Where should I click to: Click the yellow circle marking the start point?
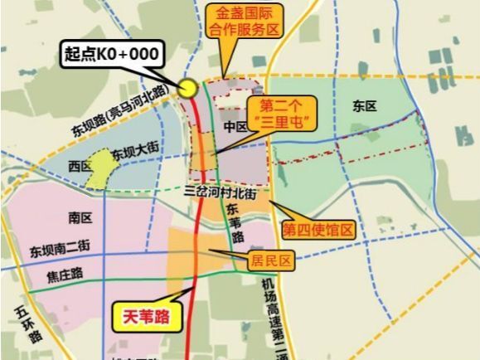188,89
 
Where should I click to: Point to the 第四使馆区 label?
318,228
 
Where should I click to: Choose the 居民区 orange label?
271,260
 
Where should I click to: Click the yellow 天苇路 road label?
145,316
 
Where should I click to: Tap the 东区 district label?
364,106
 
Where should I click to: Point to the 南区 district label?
80,217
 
